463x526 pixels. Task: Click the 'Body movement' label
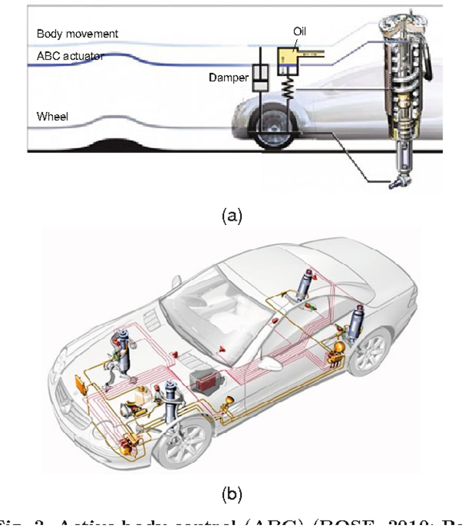click(x=77, y=34)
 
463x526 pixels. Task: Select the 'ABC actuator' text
click(x=70, y=56)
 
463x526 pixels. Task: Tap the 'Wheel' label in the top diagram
click(x=52, y=117)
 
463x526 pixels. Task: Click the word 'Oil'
click(x=300, y=32)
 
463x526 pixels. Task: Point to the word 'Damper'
click(x=228, y=78)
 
